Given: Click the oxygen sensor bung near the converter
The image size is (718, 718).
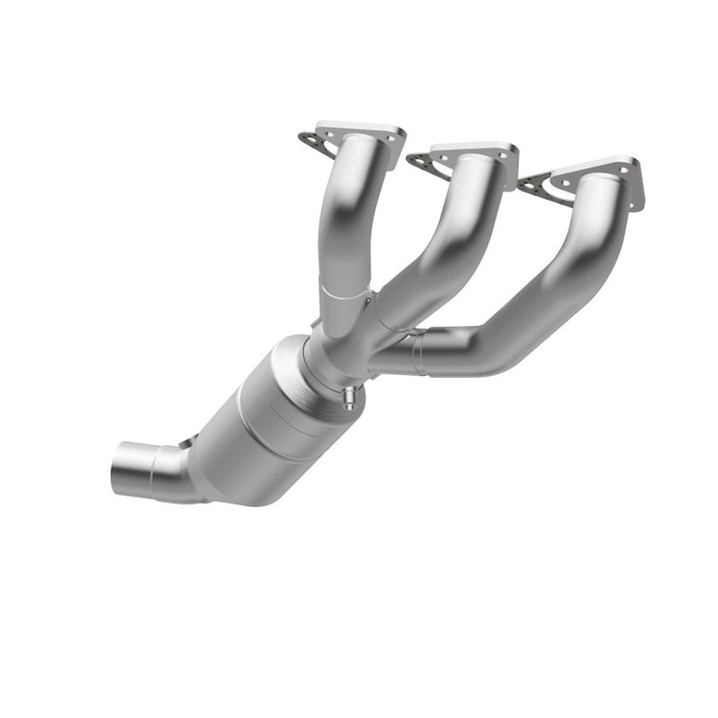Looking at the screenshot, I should pos(347,399).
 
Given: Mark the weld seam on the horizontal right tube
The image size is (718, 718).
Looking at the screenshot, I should pos(421,353).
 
